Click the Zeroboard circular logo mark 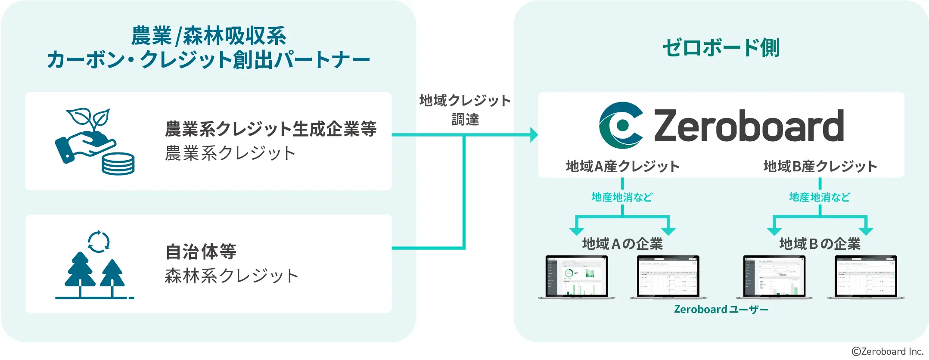tap(621, 125)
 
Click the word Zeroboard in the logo tap(749, 126)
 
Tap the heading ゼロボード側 tap(721, 47)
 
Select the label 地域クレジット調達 tap(465, 110)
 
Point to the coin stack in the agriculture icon tap(118, 164)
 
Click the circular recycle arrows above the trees tap(99, 241)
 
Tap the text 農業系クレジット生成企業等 tap(270, 129)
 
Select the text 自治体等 tap(201, 252)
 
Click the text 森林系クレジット tap(231, 276)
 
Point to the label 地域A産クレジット tap(622, 166)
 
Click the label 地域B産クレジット tap(820, 166)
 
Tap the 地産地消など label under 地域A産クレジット tap(622, 197)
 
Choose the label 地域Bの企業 tap(820, 244)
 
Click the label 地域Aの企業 tap(622, 244)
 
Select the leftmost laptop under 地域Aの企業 tap(577, 277)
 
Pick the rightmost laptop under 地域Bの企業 tap(866, 277)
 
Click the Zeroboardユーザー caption tap(721, 309)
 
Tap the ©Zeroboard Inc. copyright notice tap(888, 351)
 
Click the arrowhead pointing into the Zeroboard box tap(534, 135)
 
